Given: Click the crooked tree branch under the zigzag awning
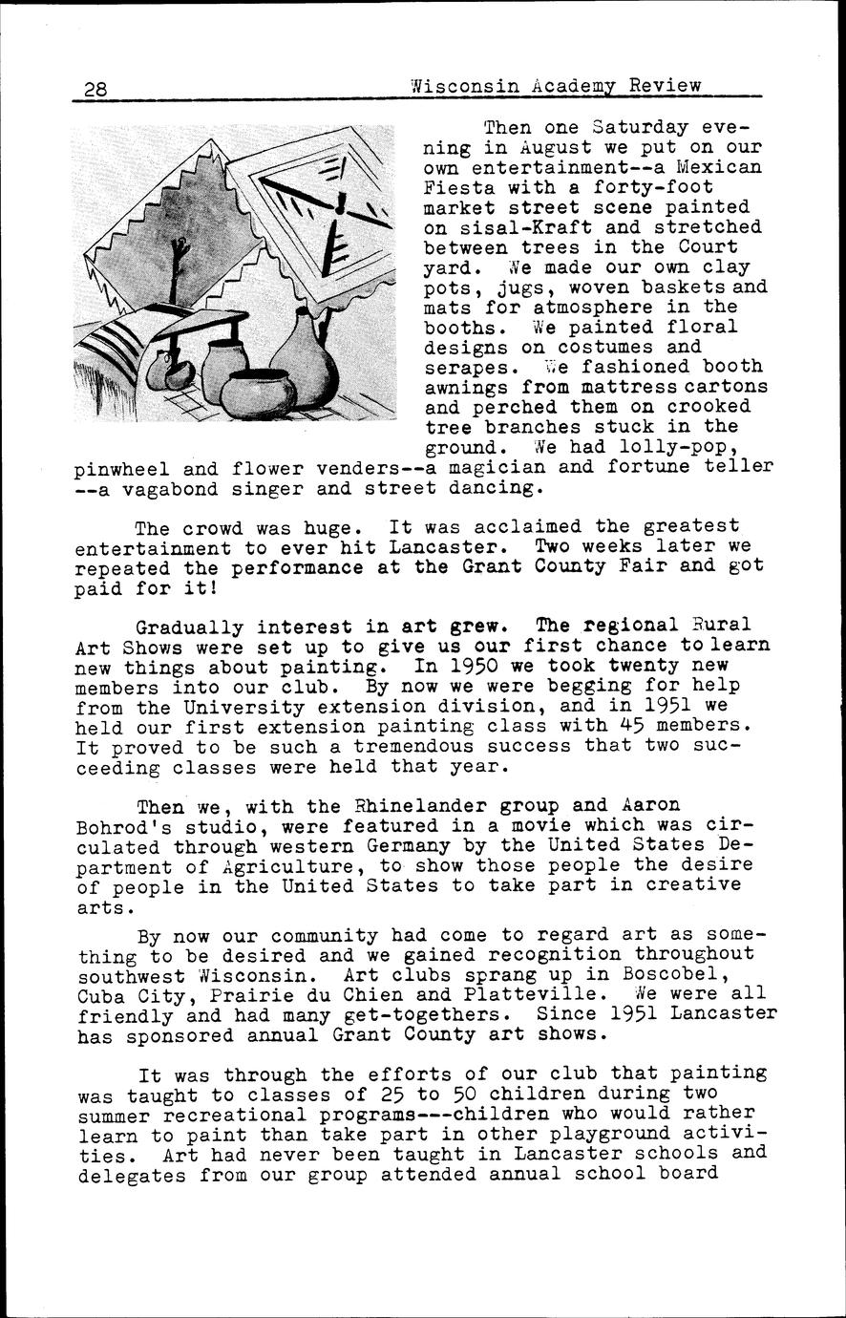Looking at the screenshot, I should pyautogui.click(x=176, y=277).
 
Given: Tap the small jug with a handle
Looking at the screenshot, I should pyautogui.click(x=168, y=369).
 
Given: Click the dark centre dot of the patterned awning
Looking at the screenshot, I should pyautogui.click(x=340, y=203).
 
